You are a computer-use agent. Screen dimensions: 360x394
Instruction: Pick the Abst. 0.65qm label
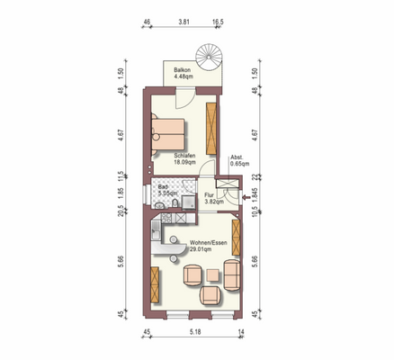[238, 160]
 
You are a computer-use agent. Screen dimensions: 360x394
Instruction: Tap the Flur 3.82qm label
[213, 198]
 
